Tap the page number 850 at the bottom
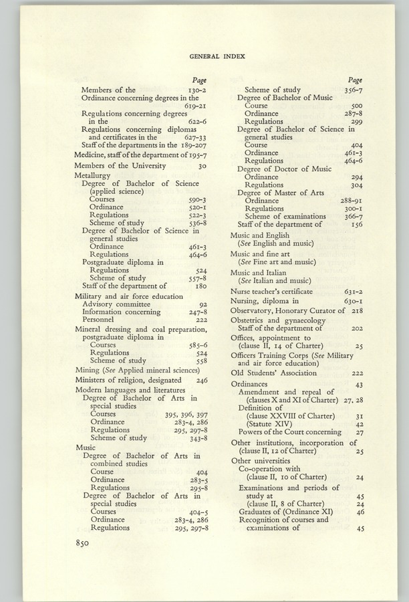pos(87,543)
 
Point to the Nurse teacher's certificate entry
pos(271,292)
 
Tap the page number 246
pos(202,380)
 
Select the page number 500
pos(357,106)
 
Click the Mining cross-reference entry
pos(137,370)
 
